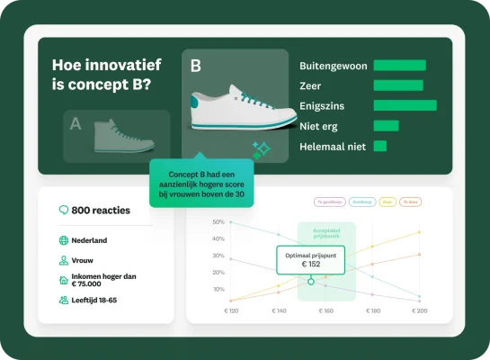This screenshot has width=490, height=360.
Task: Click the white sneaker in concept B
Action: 242,107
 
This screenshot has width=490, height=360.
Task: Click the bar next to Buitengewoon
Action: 398,65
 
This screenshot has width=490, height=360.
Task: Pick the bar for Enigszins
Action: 404,105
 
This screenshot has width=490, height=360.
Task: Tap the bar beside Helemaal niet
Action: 379,146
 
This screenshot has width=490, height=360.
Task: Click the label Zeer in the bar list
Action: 310,85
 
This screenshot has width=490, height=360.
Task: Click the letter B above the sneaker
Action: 197,66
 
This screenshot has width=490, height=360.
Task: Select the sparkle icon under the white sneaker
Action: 261,149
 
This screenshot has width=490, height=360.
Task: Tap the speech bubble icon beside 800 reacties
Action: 63,211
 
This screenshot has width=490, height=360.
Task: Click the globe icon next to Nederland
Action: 63,241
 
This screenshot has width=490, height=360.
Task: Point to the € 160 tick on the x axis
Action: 325,310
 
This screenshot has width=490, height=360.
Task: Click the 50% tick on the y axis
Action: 218,221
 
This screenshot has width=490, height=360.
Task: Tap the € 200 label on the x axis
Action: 419,310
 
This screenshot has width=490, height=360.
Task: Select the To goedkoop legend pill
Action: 328,202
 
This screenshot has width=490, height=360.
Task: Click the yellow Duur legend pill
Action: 387,202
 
